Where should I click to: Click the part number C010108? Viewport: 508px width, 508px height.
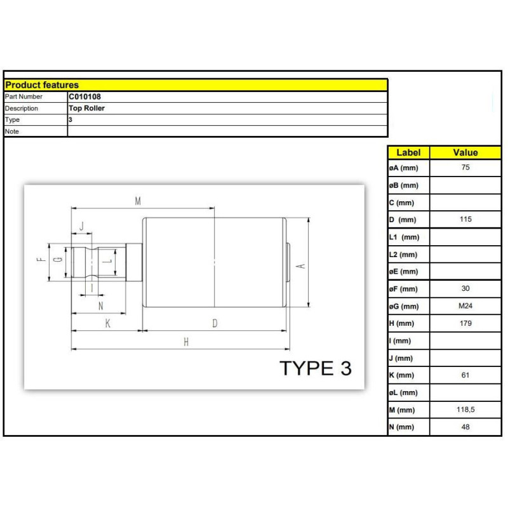84,97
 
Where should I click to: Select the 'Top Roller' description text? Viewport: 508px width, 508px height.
86,108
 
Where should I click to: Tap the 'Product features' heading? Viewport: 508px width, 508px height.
42,85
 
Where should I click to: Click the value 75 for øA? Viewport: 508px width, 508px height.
465,167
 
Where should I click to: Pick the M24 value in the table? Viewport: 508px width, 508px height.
465,306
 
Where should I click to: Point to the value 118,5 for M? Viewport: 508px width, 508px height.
465,410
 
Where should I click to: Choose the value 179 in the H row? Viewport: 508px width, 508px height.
465,323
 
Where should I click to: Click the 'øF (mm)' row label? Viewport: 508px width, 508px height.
403,289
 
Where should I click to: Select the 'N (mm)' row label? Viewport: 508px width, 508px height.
402,427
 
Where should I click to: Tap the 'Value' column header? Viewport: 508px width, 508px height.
465,152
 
